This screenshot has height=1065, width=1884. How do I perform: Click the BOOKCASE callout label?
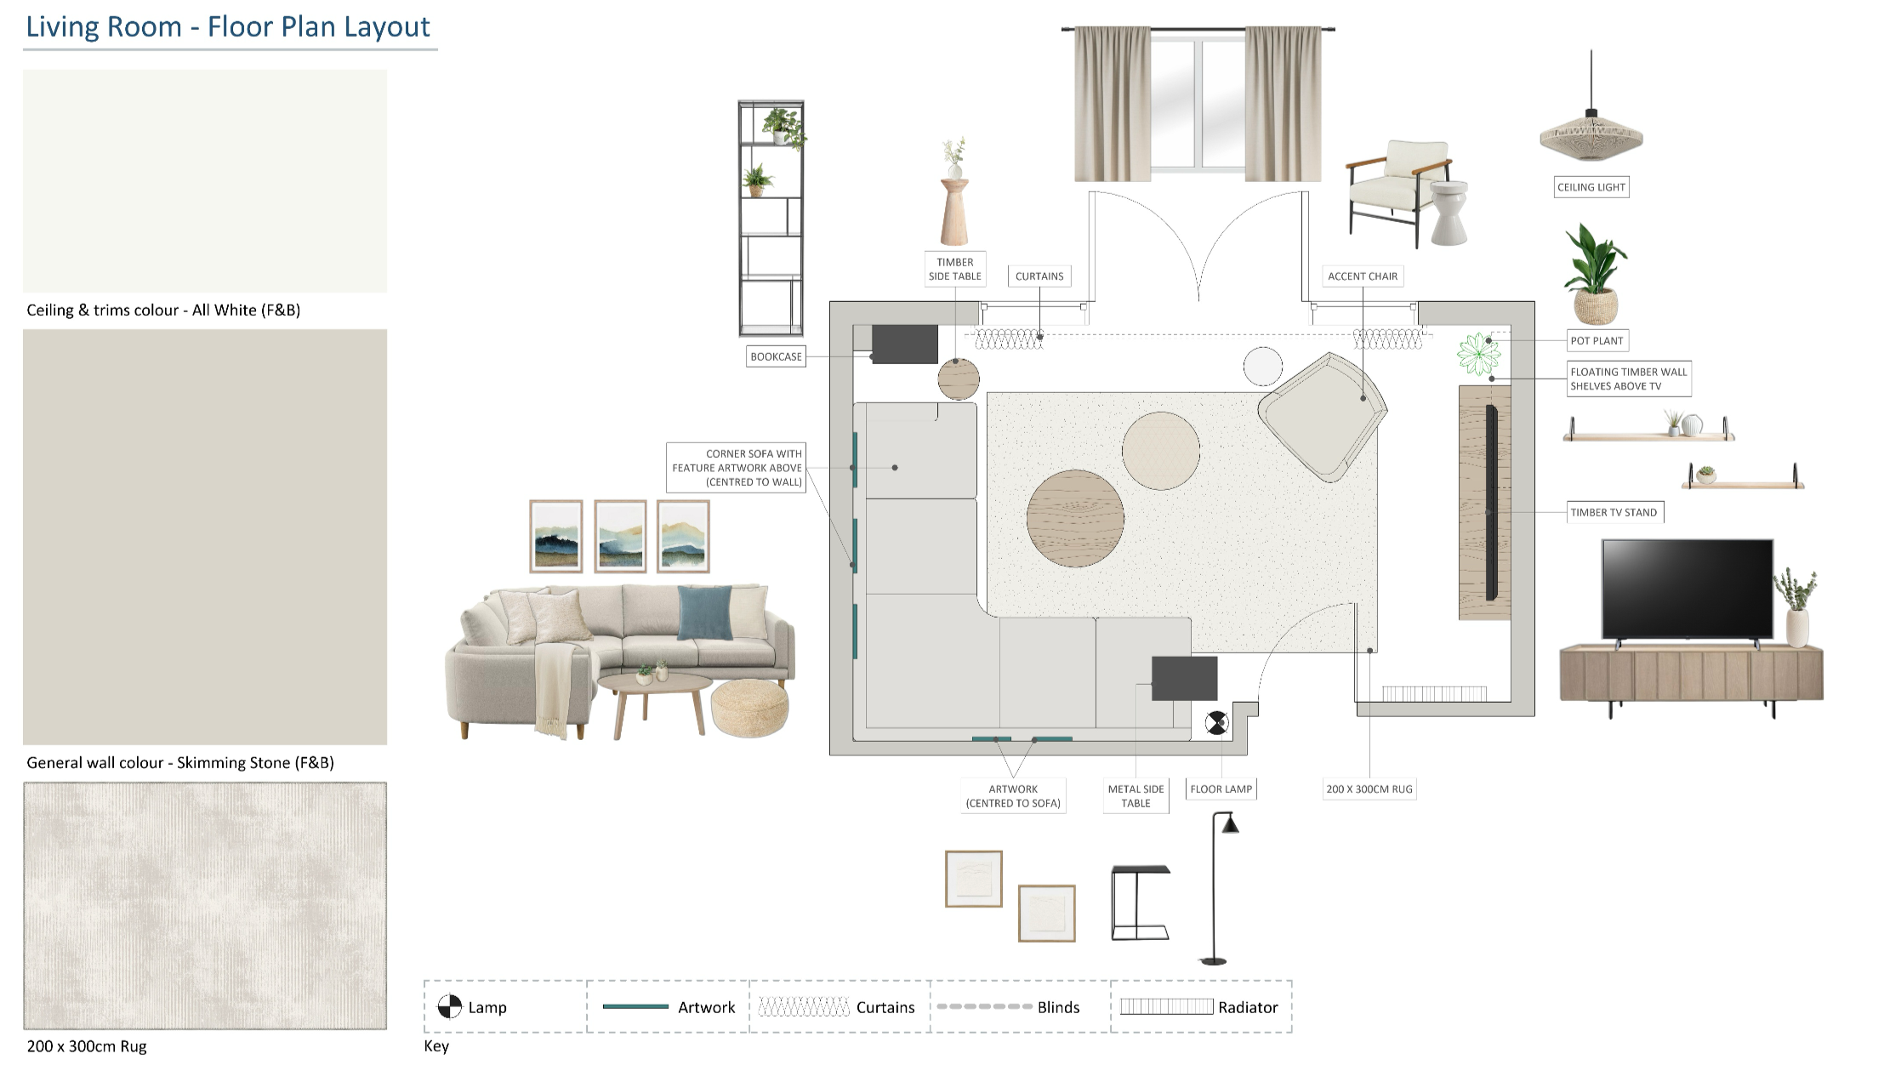[x=776, y=356]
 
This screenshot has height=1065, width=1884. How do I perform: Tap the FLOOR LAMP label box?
[x=1221, y=789]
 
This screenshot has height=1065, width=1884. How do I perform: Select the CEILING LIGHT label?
[x=1591, y=187]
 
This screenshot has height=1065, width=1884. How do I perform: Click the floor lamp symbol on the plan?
[x=1216, y=723]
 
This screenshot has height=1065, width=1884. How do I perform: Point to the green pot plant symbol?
[x=1478, y=354]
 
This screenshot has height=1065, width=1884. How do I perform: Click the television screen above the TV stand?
[x=1688, y=589]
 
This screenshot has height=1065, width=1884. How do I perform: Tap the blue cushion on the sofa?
[x=705, y=612]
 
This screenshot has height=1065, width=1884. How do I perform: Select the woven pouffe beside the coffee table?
[x=749, y=707]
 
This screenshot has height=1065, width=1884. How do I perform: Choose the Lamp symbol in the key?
[x=449, y=1007]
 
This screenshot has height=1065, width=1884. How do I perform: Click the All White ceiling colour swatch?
[x=205, y=181]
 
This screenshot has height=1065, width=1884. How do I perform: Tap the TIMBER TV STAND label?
[x=1614, y=512]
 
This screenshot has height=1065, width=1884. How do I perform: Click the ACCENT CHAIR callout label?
[x=1363, y=276]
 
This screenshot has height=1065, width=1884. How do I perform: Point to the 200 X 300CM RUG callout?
[x=1369, y=789]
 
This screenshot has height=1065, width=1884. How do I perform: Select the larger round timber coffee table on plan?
[x=1075, y=518]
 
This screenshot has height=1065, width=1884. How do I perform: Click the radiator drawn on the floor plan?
[x=1434, y=693]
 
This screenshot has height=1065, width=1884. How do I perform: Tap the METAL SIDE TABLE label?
[x=1136, y=795]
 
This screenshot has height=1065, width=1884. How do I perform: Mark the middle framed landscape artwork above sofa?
[x=620, y=536]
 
